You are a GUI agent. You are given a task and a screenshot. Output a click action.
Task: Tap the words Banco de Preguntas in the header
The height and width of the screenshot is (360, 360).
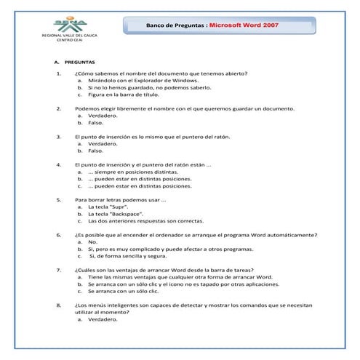pos(176,25)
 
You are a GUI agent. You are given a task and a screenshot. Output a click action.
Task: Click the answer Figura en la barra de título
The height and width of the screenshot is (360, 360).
pos(123,95)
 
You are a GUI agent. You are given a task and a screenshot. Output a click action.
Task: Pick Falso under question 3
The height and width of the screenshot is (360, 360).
pos(95,151)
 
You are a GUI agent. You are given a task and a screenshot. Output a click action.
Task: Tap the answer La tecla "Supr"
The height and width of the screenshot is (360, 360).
pos(109,207)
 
